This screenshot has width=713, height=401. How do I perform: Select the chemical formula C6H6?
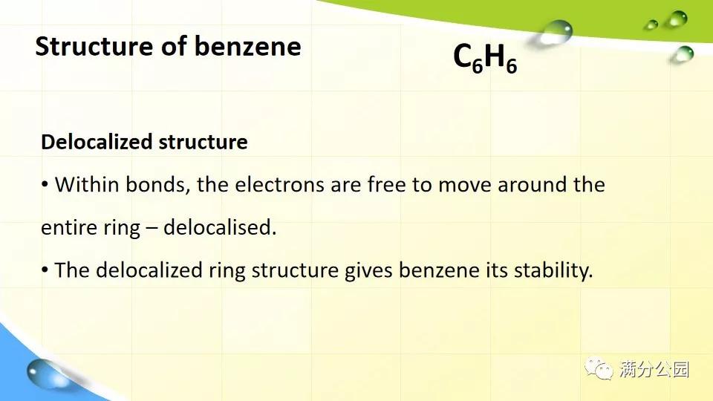pos(485,59)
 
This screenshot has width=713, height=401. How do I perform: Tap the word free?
pos(387,184)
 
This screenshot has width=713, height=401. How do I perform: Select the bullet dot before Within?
pos(45,184)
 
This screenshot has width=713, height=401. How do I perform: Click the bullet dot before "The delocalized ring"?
pos(45,270)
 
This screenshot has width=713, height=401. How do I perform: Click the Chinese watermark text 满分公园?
pos(654,368)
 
